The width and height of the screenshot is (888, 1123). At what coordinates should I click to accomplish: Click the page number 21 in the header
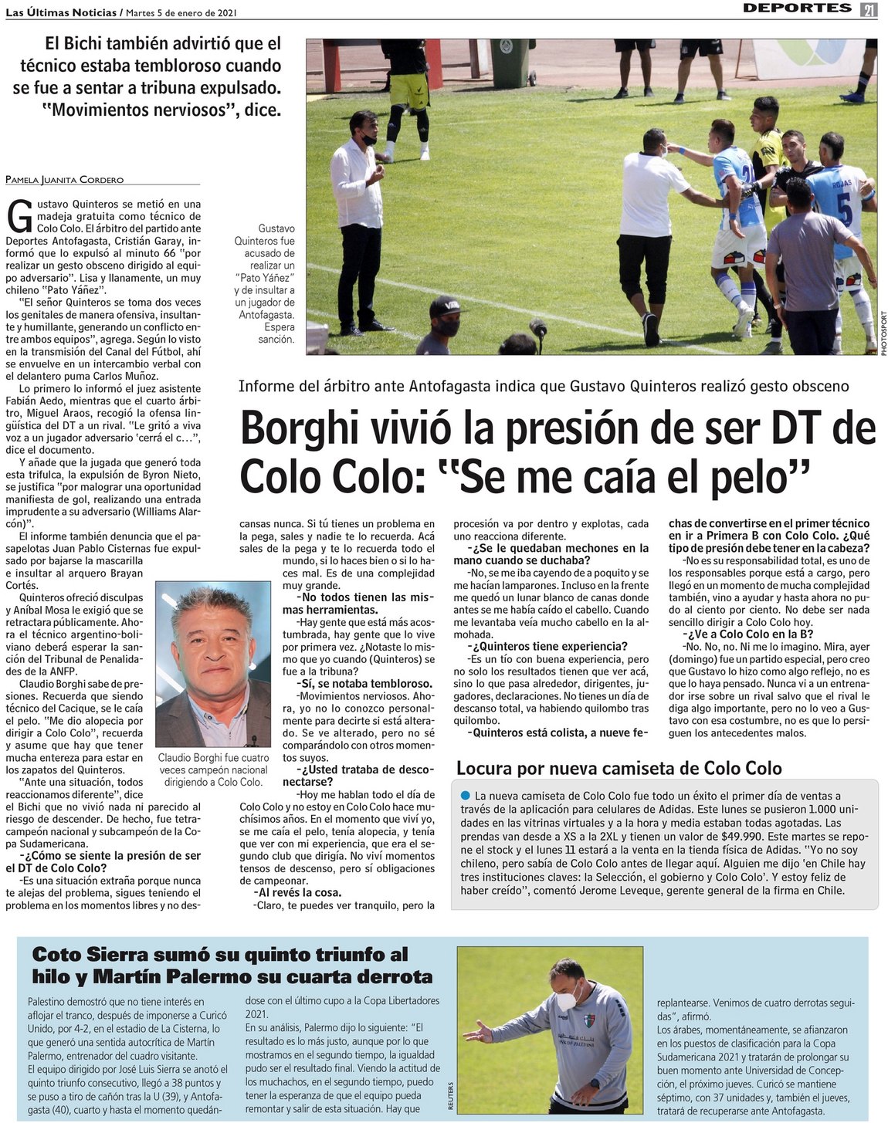pyautogui.click(x=869, y=8)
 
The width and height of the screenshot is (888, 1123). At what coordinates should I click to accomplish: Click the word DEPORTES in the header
pyautogui.click(x=797, y=8)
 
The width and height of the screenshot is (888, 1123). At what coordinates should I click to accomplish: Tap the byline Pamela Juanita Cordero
pyautogui.click(x=64, y=179)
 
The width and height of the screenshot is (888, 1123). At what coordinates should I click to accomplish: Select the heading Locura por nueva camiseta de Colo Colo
pyautogui.click(x=619, y=768)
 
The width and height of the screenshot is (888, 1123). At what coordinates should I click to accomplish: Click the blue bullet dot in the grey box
pyautogui.click(x=465, y=796)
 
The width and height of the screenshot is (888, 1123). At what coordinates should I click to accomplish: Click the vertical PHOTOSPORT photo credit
pyautogui.click(x=883, y=333)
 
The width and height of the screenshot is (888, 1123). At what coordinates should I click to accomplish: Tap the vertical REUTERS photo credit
pyautogui.click(x=450, y=1096)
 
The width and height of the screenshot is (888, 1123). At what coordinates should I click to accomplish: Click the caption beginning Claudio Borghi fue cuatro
pyautogui.click(x=213, y=770)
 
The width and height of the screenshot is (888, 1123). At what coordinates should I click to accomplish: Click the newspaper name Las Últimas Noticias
pyautogui.click(x=60, y=12)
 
